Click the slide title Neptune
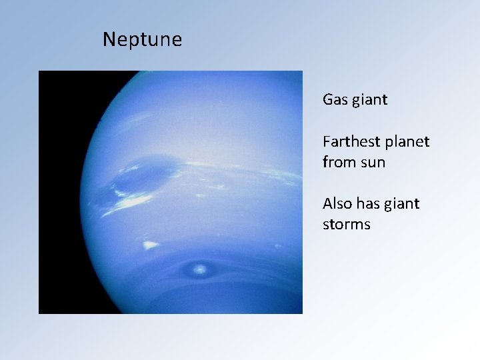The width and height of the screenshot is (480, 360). (142, 40)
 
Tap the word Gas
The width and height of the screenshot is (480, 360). (334, 100)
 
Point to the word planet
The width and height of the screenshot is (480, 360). (406, 143)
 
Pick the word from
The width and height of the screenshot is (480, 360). (339, 162)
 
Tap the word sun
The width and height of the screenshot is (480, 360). (373, 163)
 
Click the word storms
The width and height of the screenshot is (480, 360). (346, 224)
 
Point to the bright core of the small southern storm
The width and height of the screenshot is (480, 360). (199, 269)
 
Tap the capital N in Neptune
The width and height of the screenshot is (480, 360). (109, 40)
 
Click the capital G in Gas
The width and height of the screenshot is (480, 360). (328, 100)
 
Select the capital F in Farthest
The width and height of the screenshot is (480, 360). (327, 142)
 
